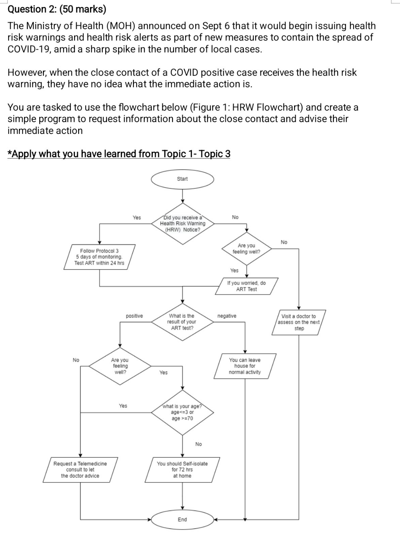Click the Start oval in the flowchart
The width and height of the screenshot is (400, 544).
(x=182, y=179)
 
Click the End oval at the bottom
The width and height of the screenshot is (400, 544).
(x=182, y=520)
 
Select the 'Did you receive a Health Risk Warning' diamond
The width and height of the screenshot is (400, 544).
(x=182, y=224)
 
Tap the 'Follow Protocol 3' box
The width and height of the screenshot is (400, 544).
(x=99, y=257)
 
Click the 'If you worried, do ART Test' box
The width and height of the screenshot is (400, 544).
(x=247, y=286)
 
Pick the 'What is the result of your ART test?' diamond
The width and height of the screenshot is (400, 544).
(x=181, y=322)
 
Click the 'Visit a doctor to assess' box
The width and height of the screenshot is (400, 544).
(x=299, y=322)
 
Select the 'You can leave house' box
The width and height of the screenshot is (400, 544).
(x=245, y=366)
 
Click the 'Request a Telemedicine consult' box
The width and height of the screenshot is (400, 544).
(x=80, y=470)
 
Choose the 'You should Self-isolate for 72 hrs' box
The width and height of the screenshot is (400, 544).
(x=182, y=470)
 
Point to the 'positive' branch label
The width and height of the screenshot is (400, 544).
(x=134, y=316)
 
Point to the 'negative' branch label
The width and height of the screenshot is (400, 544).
(x=227, y=316)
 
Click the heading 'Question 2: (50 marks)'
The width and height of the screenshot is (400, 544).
(x=57, y=9)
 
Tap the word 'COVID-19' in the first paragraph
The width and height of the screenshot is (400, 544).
(x=30, y=49)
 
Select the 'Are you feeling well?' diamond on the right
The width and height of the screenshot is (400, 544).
(x=246, y=249)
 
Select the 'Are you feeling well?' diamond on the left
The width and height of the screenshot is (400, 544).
(x=120, y=366)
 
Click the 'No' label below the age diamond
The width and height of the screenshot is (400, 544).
(x=199, y=444)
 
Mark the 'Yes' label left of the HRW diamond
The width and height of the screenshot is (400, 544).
(x=137, y=218)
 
